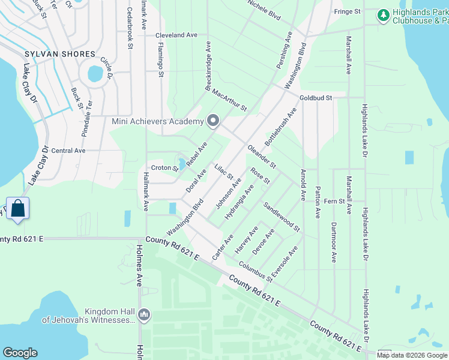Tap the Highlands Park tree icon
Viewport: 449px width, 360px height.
(x=384, y=15)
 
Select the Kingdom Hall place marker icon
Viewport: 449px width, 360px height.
(x=143, y=314)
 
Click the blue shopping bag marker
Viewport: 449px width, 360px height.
(x=18, y=208)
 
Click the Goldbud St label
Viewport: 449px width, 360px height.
(x=316, y=96)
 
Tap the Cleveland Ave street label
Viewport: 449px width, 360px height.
(x=176, y=35)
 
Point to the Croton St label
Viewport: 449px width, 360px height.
(x=164, y=168)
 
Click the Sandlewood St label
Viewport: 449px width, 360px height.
(x=281, y=216)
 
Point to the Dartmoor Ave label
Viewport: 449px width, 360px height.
(x=334, y=242)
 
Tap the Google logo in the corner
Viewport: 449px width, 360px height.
(x=20, y=353)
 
